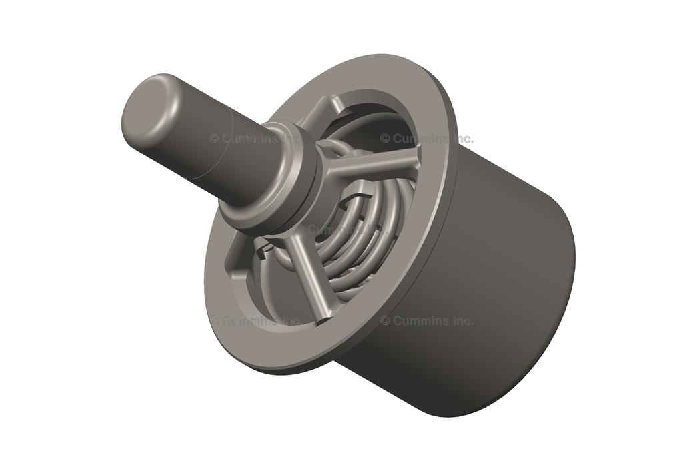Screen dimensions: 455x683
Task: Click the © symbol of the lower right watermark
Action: coord(385,320)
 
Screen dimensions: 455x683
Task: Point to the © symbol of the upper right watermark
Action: coord(385,139)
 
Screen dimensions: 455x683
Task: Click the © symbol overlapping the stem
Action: coord(215,139)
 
